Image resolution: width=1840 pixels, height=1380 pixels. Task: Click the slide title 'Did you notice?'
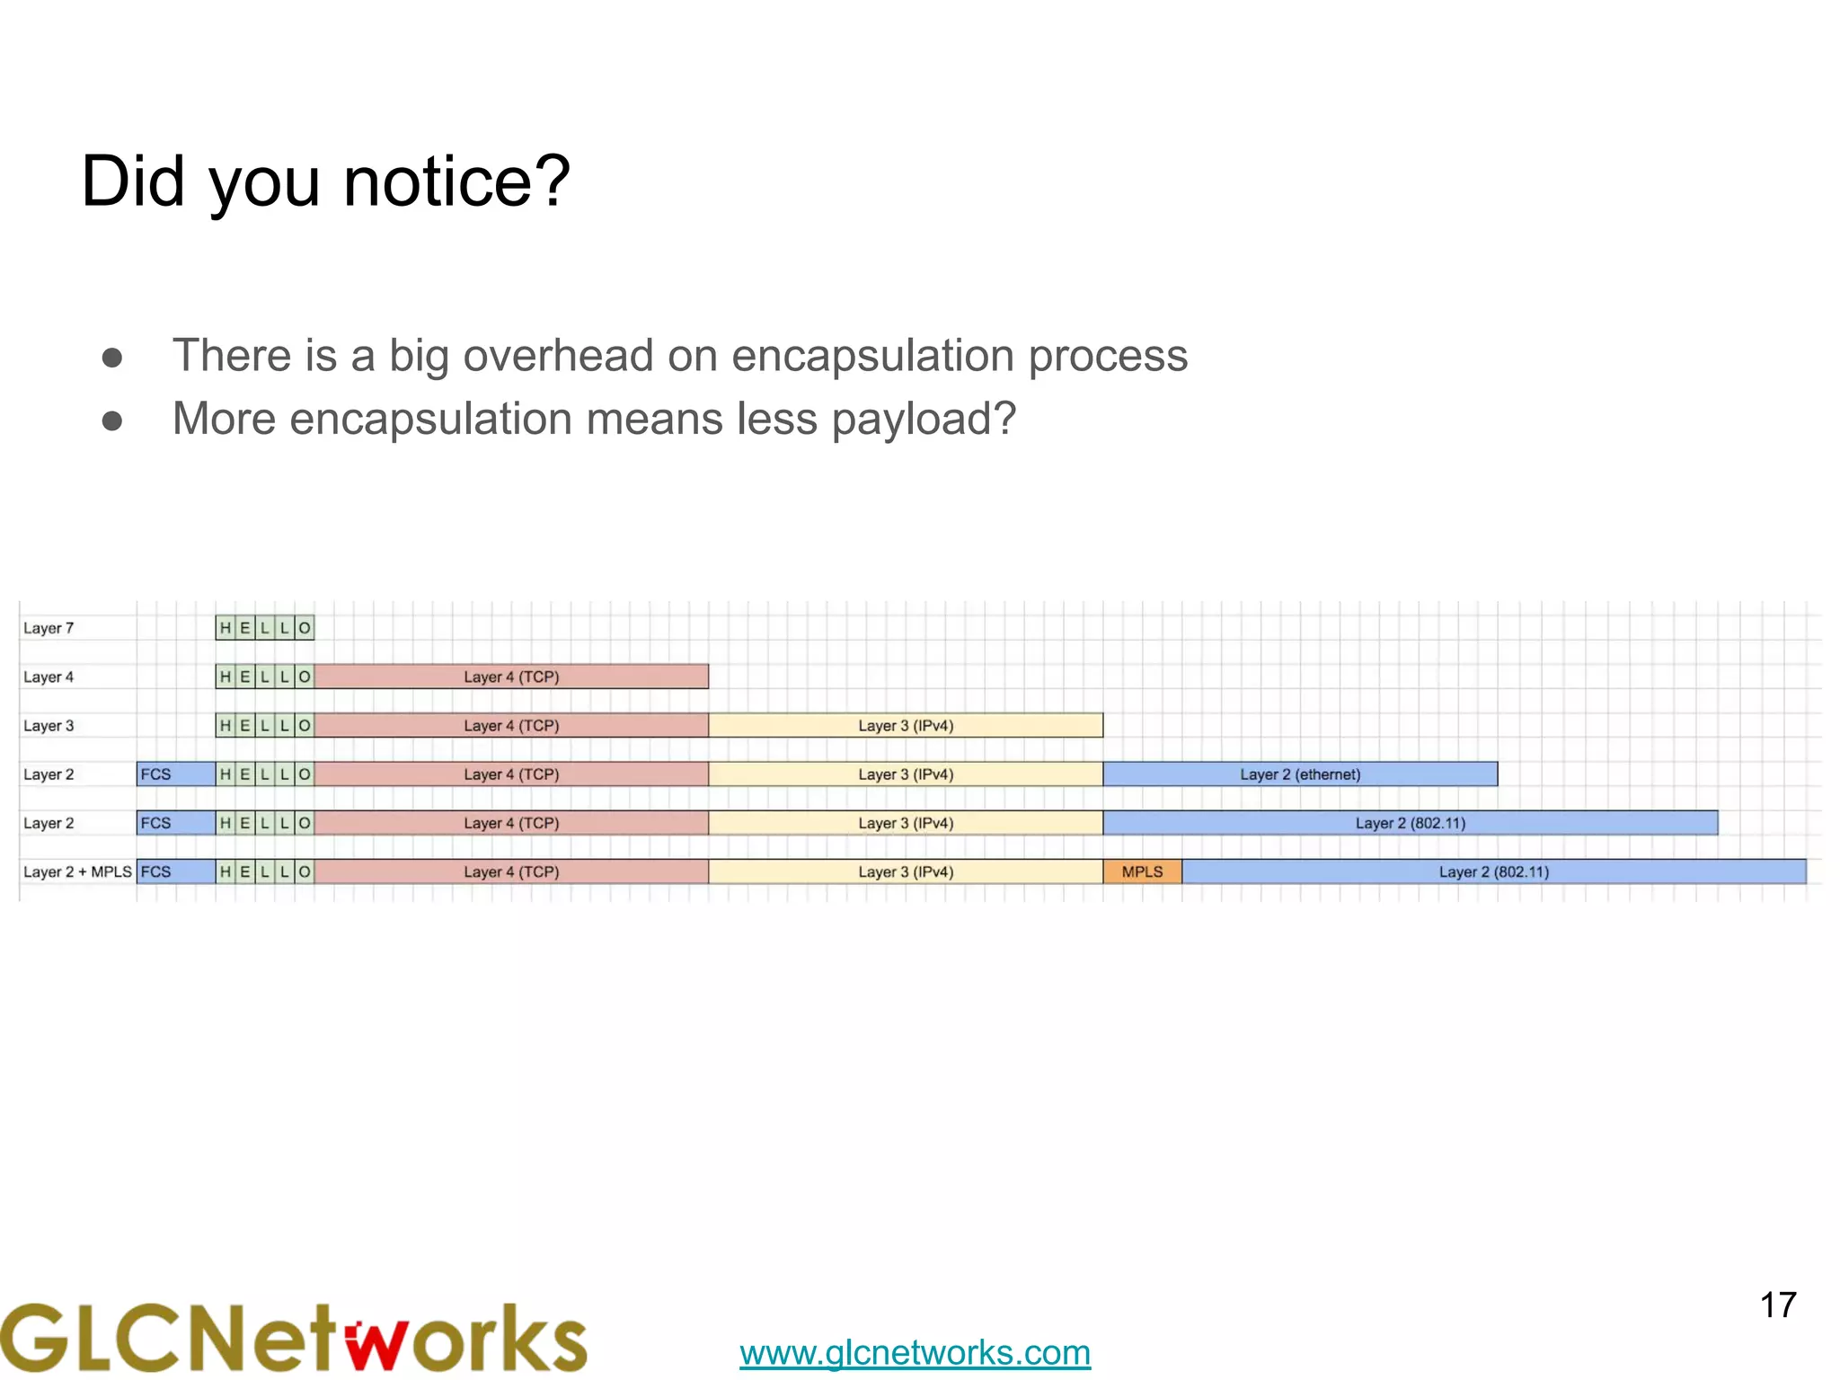[325, 181]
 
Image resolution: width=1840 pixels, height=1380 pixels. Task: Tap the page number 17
[1777, 1305]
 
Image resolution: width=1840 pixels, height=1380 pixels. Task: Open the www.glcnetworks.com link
[915, 1352]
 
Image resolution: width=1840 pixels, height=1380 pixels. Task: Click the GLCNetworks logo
[294, 1339]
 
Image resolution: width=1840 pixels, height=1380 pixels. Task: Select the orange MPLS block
[1142, 871]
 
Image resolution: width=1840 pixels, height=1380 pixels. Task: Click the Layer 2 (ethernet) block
[1300, 774]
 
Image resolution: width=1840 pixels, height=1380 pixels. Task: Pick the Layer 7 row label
[49, 628]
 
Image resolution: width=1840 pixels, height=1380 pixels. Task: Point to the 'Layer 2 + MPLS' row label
[77, 871]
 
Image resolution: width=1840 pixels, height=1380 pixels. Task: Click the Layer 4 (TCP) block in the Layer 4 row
[511, 677]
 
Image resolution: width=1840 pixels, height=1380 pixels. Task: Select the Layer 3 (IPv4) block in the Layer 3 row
[906, 725]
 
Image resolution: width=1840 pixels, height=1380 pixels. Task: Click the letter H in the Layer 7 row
[226, 628]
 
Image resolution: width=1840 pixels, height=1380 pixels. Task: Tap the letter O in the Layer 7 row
[305, 628]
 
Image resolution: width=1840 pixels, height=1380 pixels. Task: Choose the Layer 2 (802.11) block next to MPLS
[1493, 871]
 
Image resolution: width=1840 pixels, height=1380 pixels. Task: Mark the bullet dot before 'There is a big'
[112, 358]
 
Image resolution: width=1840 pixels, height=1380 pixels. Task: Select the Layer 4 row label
[49, 677]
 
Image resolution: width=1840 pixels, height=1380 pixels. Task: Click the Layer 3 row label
[49, 725]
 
